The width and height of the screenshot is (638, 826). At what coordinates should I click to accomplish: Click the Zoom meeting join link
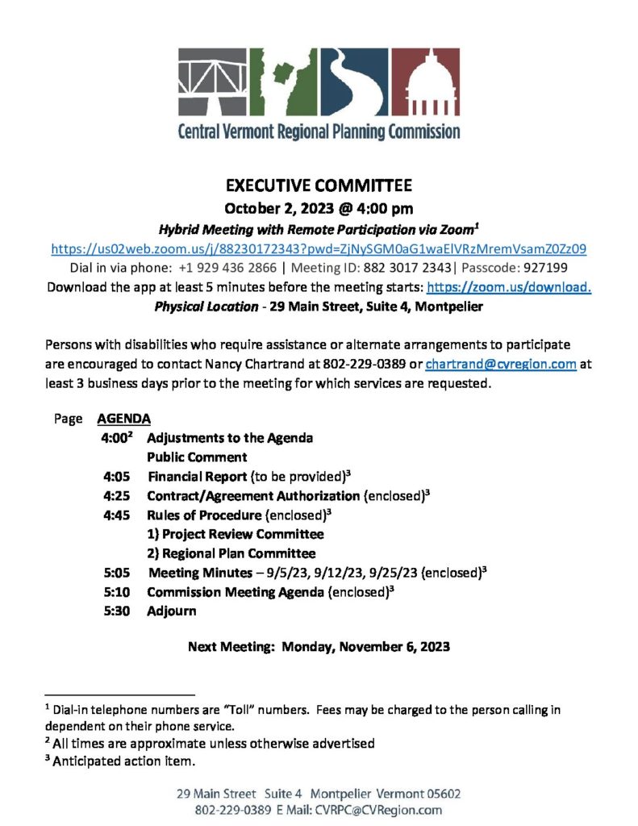point(319,248)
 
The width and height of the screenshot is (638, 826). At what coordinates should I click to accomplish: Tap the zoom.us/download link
point(509,287)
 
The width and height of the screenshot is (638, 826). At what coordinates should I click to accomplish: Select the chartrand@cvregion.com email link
point(500,364)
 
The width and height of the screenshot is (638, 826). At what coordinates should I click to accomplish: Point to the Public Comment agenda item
point(197,457)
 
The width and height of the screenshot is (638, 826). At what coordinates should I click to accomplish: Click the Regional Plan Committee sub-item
point(231,553)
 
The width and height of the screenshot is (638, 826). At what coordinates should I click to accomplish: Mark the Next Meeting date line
point(319,646)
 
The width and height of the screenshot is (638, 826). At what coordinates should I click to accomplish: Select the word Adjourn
point(171,611)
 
